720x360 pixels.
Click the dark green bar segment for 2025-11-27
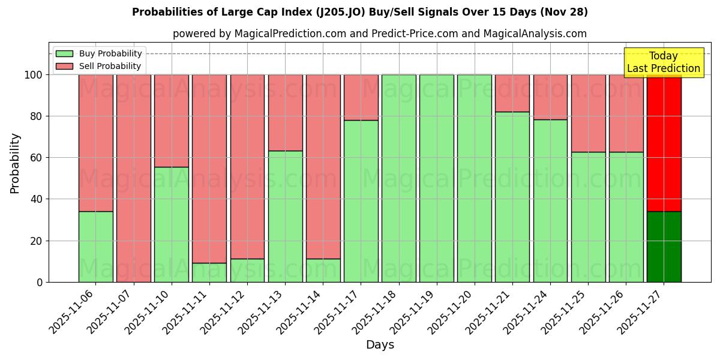(x=664, y=247)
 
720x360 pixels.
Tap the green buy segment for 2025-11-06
(x=95, y=247)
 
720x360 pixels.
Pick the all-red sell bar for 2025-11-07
(x=133, y=178)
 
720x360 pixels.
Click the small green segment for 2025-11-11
(x=209, y=272)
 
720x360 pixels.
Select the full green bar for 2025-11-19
(x=436, y=178)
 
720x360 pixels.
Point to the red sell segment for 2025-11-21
(x=512, y=93)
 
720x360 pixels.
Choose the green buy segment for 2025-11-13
(x=285, y=216)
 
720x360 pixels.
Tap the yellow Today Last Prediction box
(x=664, y=62)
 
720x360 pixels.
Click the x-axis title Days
(x=380, y=345)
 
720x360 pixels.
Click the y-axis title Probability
(x=15, y=163)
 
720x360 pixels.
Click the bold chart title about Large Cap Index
(x=360, y=12)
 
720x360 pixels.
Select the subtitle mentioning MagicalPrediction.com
(x=380, y=34)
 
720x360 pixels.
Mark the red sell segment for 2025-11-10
(x=172, y=121)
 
